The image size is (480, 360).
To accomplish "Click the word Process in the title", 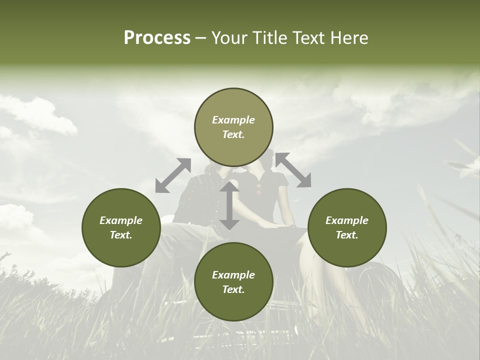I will [157, 38].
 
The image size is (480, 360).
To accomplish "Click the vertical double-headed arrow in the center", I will [229, 205].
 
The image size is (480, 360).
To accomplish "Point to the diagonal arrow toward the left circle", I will [173, 175].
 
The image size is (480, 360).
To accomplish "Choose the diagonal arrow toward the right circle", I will [293, 170].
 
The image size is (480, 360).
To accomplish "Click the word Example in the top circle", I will [233, 120].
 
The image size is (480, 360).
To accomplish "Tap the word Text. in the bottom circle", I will [233, 289].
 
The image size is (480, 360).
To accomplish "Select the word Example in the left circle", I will [121, 220].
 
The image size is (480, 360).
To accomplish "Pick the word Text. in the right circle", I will [347, 235].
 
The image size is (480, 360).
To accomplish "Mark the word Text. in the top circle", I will [233, 134].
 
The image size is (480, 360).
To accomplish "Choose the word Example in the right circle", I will [347, 220].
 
